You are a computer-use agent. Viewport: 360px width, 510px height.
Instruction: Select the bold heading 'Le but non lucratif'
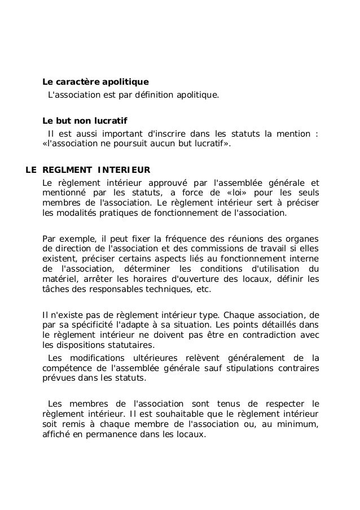(x=85, y=121)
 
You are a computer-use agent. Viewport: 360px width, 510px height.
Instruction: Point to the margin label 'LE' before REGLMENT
(x=32, y=169)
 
